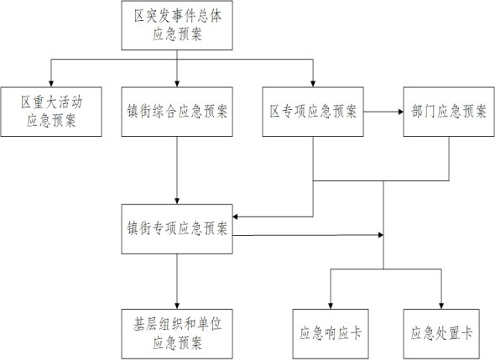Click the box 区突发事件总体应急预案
click(x=176, y=25)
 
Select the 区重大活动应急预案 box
click(x=51, y=111)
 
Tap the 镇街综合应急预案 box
click(x=176, y=111)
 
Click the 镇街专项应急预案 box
click(x=176, y=227)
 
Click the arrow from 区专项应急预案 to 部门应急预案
click(x=382, y=111)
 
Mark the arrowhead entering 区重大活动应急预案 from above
click(x=51, y=83)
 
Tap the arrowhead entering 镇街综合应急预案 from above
click(x=176, y=83)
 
